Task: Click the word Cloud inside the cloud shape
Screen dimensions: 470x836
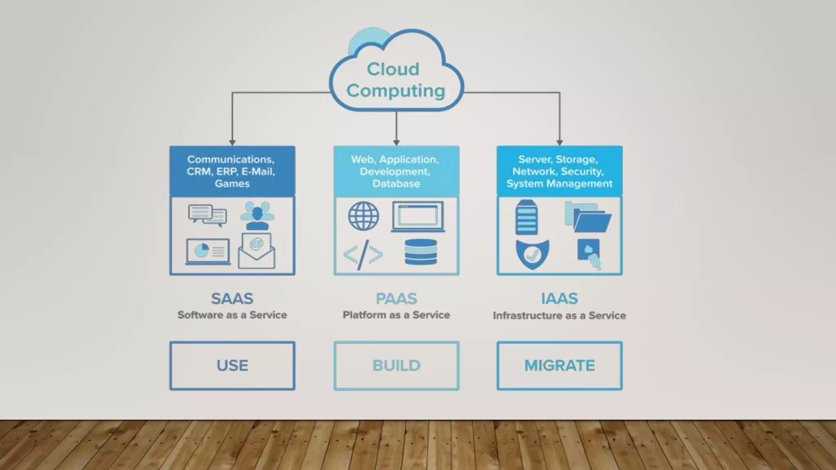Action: coord(393,69)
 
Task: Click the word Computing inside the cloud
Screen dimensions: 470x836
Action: coord(396,91)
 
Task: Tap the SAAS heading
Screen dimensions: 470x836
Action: coord(232,299)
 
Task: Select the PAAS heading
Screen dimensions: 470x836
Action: coord(396,299)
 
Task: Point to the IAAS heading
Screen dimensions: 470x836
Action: coord(559,299)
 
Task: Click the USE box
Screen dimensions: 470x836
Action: coord(232,366)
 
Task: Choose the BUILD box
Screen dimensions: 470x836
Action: coord(396,366)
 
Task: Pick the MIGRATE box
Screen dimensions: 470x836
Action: coord(559,366)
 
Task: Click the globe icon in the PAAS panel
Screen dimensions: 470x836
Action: coord(363,216)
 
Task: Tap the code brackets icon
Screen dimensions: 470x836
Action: coord(363,255)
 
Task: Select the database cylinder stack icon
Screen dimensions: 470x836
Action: coord(420,252)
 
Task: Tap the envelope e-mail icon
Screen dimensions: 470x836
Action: coord(256,251)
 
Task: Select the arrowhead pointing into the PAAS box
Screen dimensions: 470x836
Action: coord(396,142)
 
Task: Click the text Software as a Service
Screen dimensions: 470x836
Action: coord(232,315)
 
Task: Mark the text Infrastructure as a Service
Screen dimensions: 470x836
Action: coord(559,315)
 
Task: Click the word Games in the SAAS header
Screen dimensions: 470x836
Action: coord(232,184)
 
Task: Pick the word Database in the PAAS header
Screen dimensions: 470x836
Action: coord(396,184)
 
